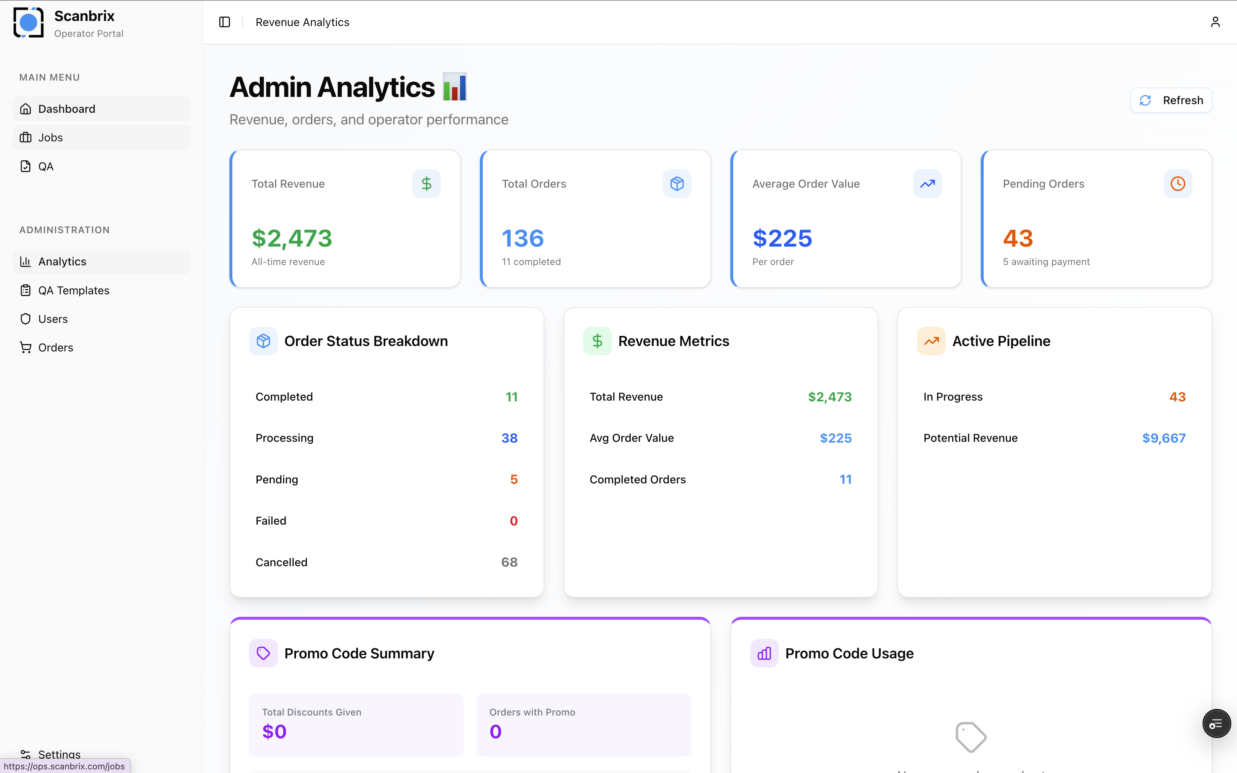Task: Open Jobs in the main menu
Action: click(50, 137)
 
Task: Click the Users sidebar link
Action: click(53, 319)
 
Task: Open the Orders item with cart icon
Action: click(55, 348)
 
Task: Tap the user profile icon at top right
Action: click(1215, 22)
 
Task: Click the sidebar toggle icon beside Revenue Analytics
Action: click(225, 22)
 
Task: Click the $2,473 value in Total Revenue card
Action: click(292, 238)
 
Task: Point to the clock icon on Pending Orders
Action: click(1178, 184)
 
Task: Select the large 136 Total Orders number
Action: click(522, 238)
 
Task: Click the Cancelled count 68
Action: click(509, 562)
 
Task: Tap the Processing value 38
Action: click(509, 438)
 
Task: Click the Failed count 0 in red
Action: click(514, 521)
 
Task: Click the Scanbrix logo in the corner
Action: click(29, 22)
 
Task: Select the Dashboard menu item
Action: click(67, 109)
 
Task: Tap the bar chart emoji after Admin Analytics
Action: click(455, 87)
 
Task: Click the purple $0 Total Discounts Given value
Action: click(274, 731)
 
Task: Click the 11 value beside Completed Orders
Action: click(845, 479)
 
